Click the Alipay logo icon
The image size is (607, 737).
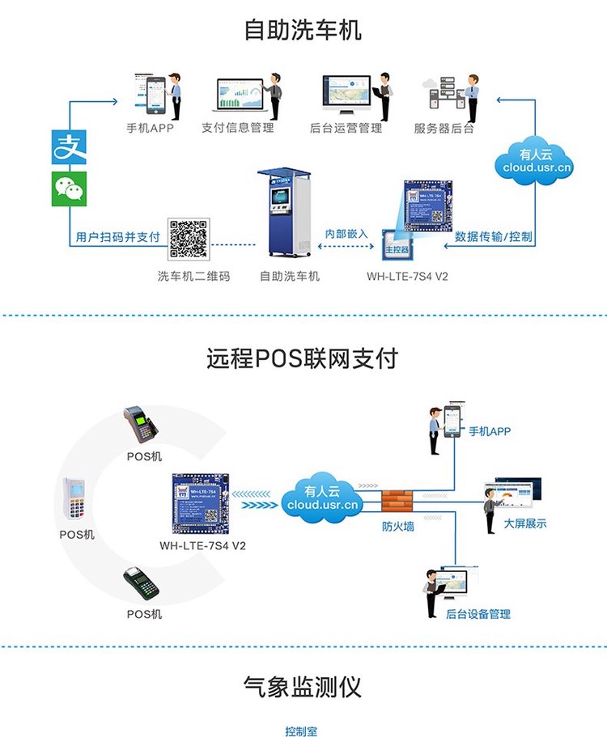tap(69, 146)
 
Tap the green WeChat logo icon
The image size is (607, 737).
tap(69, 188)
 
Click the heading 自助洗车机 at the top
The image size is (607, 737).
tap(303, 30)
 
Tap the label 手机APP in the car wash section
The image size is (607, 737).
tap(151, 128)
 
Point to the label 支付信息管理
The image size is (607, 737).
tap(238, 128)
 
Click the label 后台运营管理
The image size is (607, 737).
tap(346, 128)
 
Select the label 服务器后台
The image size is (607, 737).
tap(444, 128)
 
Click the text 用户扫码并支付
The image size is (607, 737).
tap(117, 238)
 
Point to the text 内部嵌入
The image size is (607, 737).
tap(346, 234)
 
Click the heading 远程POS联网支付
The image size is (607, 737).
tap(303, 358)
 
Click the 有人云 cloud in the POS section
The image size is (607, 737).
tap(321, 497)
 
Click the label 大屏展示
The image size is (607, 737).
tap(524, 523)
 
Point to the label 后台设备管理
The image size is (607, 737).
tap(478, 614)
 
